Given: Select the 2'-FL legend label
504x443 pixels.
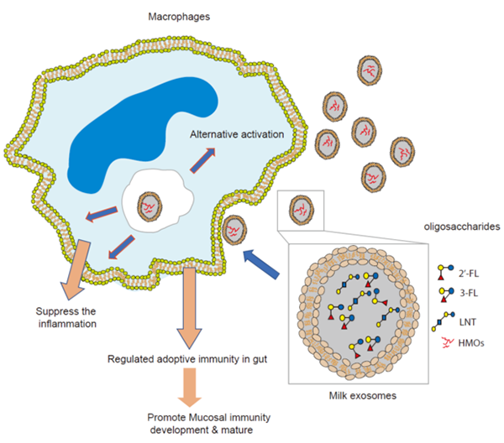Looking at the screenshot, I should point(470,274).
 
